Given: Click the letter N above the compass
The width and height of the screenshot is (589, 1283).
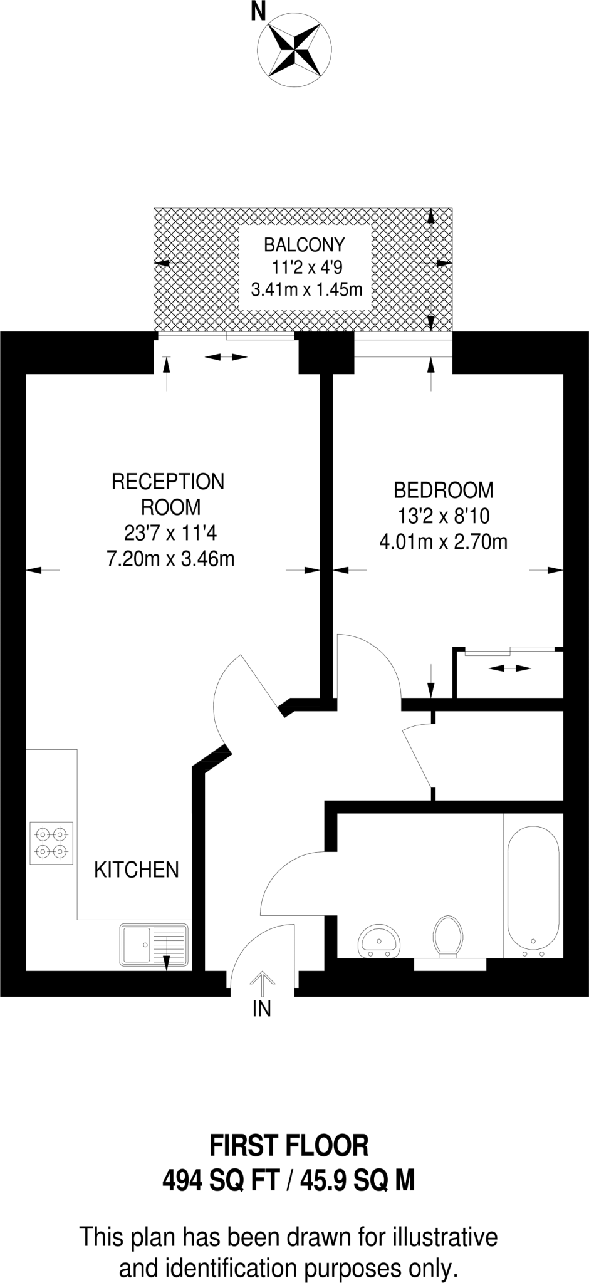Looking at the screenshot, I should (x=258, y=11).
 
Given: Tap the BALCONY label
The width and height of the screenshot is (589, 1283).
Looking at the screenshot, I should (x=305, y=244).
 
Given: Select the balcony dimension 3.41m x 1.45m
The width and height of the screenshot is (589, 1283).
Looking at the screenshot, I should (x=306, y=289).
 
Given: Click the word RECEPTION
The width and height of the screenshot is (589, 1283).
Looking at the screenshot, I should (x=168, y=481).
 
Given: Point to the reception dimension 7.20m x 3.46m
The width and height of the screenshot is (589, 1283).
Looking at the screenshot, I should (x=170, y=558).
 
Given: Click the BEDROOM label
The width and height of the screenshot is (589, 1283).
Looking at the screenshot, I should (x=443, y=489).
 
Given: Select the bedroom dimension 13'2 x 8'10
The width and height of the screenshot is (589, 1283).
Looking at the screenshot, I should (x=443, y=516).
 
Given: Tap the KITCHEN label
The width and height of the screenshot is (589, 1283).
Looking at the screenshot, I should (x=137, y=869).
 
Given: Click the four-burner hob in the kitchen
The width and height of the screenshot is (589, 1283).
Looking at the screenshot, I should (x=51, y=843).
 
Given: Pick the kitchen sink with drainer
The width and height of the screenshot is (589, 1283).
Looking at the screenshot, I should (x=154, y=945).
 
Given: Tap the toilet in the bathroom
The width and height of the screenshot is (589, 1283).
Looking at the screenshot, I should (x=447, y=937).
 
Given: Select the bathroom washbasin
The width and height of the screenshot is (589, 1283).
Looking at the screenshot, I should (x=378, y=942).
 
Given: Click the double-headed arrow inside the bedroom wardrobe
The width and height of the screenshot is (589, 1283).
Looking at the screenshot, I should (x=509, y=668).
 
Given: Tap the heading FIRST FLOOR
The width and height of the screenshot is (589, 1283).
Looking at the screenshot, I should (x=289, y=1145).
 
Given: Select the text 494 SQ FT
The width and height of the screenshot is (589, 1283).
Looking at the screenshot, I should (x=221, y=1181).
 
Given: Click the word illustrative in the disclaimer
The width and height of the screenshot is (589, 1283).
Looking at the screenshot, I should (x=445, y=1237).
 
